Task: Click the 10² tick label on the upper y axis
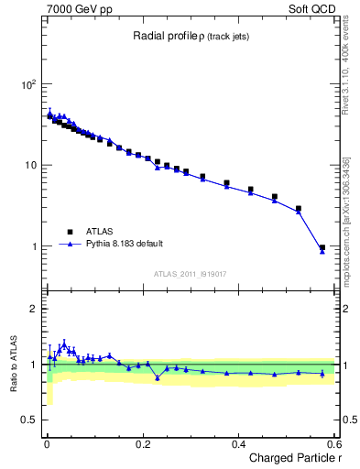pyautogui.click(x=27, y=84)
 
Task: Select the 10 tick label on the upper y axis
pyautogui.click(x=29, y=165)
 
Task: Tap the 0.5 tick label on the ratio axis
pyautogui.click(x=28, y=420)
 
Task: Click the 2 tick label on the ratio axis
pyautogui.click(x=33, y=309)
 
